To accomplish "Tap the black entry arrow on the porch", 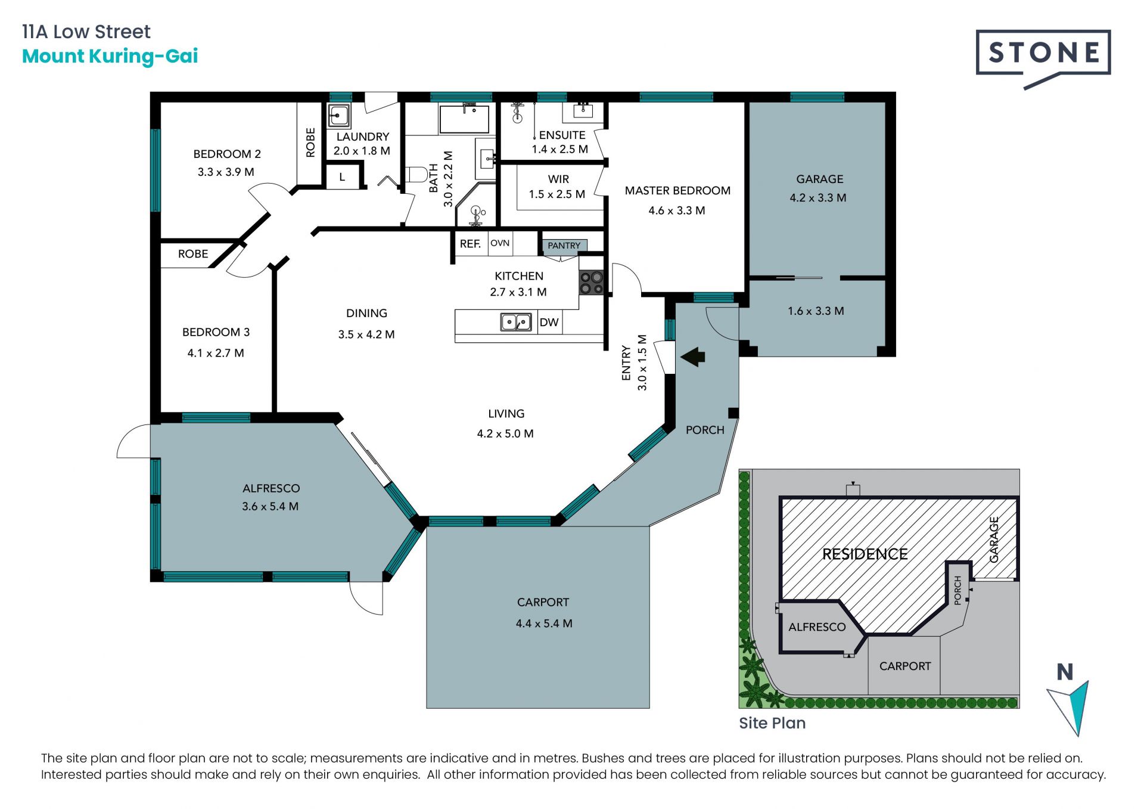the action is [x=693, y=357].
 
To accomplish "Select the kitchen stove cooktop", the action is [x=592, y=283].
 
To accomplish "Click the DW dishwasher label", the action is [x=549, y=323].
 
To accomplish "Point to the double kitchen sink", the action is [x=515, y=322].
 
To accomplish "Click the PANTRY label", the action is [x=564, y=245].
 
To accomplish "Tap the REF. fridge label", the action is [x=470, y=244].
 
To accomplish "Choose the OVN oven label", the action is [x=500, y=243].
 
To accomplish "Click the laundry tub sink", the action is [x=339, y=114].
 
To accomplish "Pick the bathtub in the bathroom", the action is [x=464, y=119].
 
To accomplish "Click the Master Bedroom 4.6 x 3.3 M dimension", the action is [x=677, y=210].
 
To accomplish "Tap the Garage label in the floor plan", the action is [x=820, y=179].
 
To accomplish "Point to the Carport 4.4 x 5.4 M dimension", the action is [x=544, y=624].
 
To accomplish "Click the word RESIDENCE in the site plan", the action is [x=865, y=554].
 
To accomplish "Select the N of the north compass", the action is [x=1065, y=672].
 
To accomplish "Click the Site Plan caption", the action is [x=772, y=723].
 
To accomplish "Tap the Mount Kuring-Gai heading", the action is [x=110, y=56].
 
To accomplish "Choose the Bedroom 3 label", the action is [x=216, y=332].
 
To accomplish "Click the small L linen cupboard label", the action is [x=342, y=177].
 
